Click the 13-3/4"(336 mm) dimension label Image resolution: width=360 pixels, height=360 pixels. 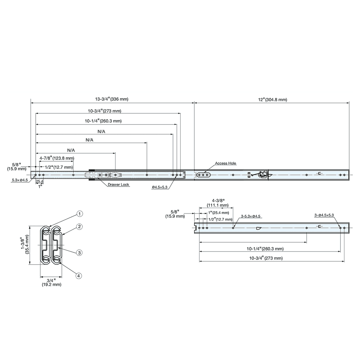[112, 99]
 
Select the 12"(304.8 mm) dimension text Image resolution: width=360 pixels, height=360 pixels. [273, 99]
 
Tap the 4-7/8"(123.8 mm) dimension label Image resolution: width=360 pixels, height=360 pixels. [57, 158]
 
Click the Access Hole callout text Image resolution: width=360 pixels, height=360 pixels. [226, 163]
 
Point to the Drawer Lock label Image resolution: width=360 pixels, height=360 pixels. [118, 185]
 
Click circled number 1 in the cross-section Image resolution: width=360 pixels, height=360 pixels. [80, 214]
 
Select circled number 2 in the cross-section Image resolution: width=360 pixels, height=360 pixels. [80, 227]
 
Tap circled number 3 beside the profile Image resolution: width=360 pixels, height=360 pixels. [80, 253]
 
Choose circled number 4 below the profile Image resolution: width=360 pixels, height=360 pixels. [80, 276]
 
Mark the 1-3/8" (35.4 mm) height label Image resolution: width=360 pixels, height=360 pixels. [24, 245]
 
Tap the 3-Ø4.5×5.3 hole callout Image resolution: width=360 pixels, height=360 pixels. [324, 215]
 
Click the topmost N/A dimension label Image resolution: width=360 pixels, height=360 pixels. [101, 132]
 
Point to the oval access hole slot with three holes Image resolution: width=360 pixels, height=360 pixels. [203, 175]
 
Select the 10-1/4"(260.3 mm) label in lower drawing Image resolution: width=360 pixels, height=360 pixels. [265, 248]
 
